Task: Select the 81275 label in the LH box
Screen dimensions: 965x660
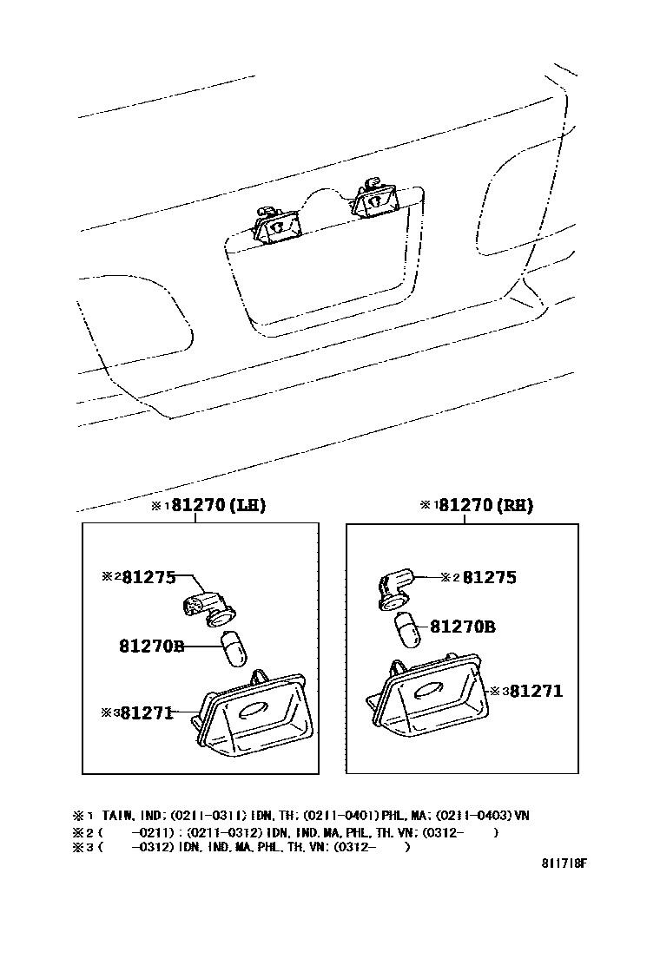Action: click(148, 576)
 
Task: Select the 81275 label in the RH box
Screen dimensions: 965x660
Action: click(489, 577)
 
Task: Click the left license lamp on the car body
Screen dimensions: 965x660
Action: click(276, 226)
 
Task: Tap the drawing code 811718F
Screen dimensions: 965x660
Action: click(564, 864)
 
